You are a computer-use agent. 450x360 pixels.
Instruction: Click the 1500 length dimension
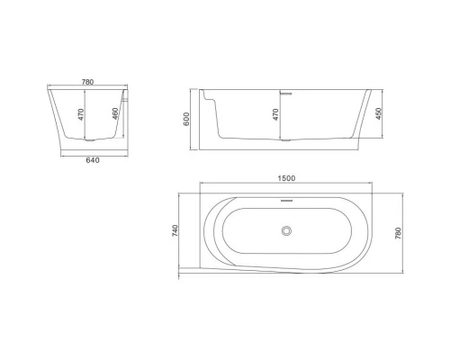287,180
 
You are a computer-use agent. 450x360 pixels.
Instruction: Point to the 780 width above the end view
87,82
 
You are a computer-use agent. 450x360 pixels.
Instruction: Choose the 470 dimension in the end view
81,114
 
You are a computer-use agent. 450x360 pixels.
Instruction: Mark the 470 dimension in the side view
276,114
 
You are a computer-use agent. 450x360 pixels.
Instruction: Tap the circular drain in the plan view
287,231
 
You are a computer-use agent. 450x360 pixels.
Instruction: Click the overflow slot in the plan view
287,201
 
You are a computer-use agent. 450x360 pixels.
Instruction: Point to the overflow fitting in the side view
285,92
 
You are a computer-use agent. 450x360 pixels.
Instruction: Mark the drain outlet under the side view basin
284,140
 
